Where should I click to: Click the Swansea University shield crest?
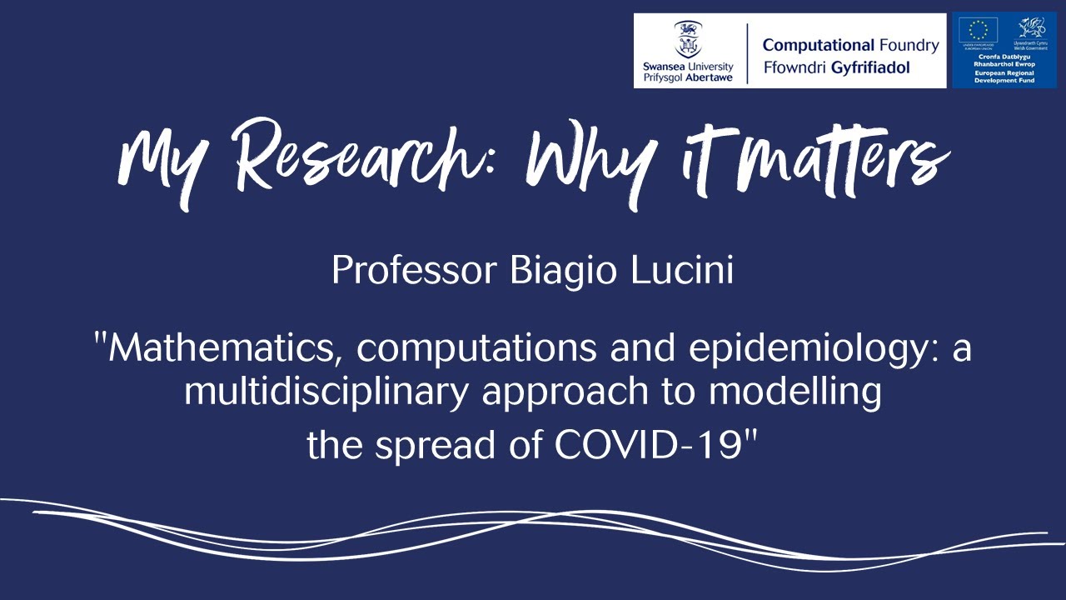tap(687, 38)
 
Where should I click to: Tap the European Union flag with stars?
tap(979, 31)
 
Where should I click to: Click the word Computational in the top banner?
tap(818, 45)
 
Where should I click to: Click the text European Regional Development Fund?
tap(1004, 77)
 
